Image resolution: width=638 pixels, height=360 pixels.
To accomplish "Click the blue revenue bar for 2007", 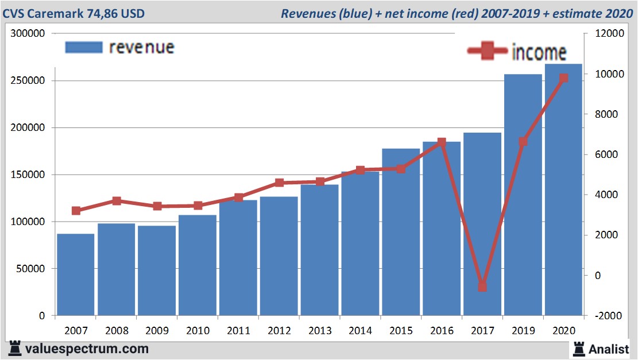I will click(76, 274).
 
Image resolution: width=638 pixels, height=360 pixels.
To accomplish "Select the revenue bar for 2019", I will click(523, 195).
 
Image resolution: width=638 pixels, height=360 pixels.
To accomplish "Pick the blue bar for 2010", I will click(198, 265).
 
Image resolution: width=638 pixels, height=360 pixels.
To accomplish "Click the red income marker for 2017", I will click(482, 287).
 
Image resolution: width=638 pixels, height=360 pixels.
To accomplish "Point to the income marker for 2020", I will click(563, 78).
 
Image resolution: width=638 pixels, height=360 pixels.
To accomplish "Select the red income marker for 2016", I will click(442, 142).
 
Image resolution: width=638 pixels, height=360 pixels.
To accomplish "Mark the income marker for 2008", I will click(117, 201).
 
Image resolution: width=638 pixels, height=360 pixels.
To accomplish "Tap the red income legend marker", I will click(488, 51).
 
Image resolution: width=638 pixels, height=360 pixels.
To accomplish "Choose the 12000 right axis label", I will click(610, 34).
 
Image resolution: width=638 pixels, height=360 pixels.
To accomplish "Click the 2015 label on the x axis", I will click(401, 331).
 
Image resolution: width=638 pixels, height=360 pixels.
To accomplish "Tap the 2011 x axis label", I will click(238, 331).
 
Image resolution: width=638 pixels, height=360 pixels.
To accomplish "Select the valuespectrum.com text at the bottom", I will click(87, 349).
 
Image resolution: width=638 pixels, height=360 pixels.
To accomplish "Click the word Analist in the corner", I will click(609, 349).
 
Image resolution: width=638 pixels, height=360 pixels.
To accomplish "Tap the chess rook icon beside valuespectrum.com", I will click(14, 348).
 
